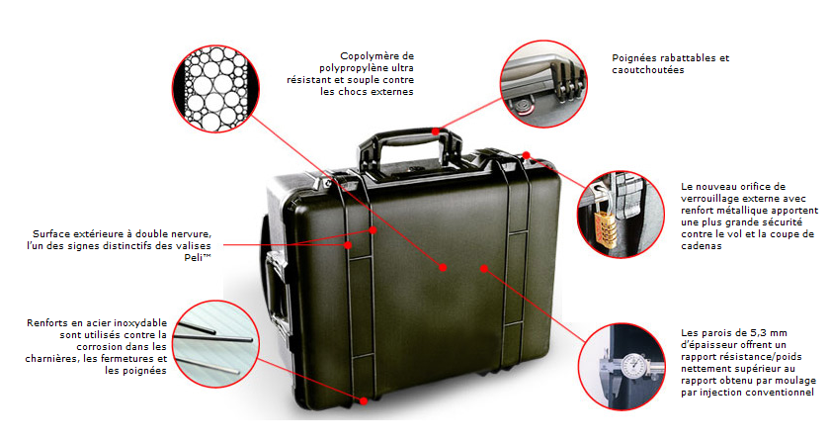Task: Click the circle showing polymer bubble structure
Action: (216, 88)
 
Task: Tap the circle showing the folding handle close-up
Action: (543, 84)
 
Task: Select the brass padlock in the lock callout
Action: (606, 227)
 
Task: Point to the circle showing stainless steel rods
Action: (216, 344)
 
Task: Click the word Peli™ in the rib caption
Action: (198, 258)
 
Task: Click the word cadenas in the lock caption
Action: (702, 246)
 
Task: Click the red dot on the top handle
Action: (435, 132)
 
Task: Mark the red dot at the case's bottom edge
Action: (364, 401)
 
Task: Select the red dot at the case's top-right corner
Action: (526, 155)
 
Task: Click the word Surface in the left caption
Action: (51, 234)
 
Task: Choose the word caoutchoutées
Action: (648, 70)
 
